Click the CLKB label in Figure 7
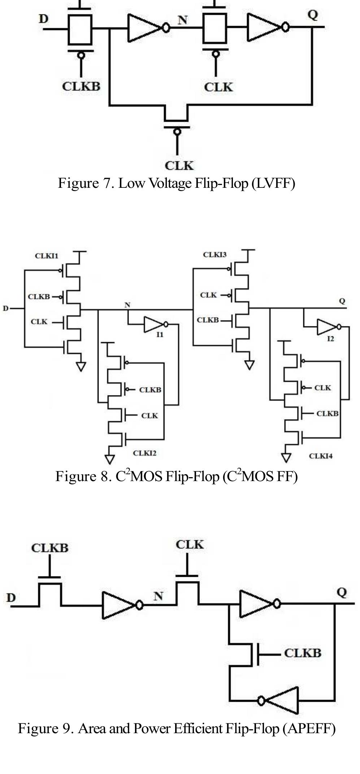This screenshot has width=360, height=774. (81, 86)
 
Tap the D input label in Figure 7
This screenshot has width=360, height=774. (43, 19)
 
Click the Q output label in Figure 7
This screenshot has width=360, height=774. (313, 15)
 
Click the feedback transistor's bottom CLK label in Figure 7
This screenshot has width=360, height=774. (179, 165)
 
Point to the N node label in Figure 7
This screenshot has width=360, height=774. (183, 20)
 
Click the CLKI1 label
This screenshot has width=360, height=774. (46, 256)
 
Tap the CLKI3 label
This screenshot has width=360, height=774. (214, 255)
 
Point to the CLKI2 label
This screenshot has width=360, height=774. (144, 453)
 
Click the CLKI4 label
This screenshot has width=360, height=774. (320, 456)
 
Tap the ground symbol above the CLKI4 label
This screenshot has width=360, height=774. (286, 458)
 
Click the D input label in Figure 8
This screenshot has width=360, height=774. (5, 308)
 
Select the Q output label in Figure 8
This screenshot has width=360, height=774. (342, 300)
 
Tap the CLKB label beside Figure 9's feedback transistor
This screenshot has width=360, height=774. (302, 653)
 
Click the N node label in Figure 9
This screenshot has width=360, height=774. (158, 596)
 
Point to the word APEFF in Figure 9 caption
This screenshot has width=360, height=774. (309, 728)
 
